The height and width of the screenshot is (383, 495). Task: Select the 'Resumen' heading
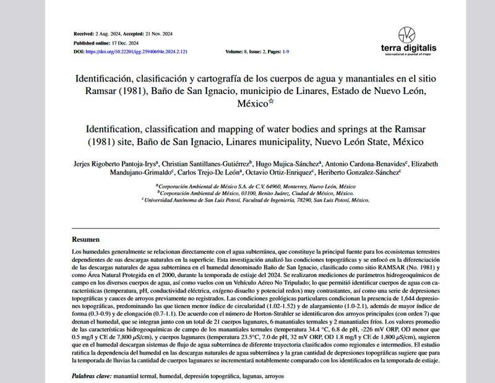85,239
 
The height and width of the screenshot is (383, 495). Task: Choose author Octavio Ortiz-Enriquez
284,173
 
